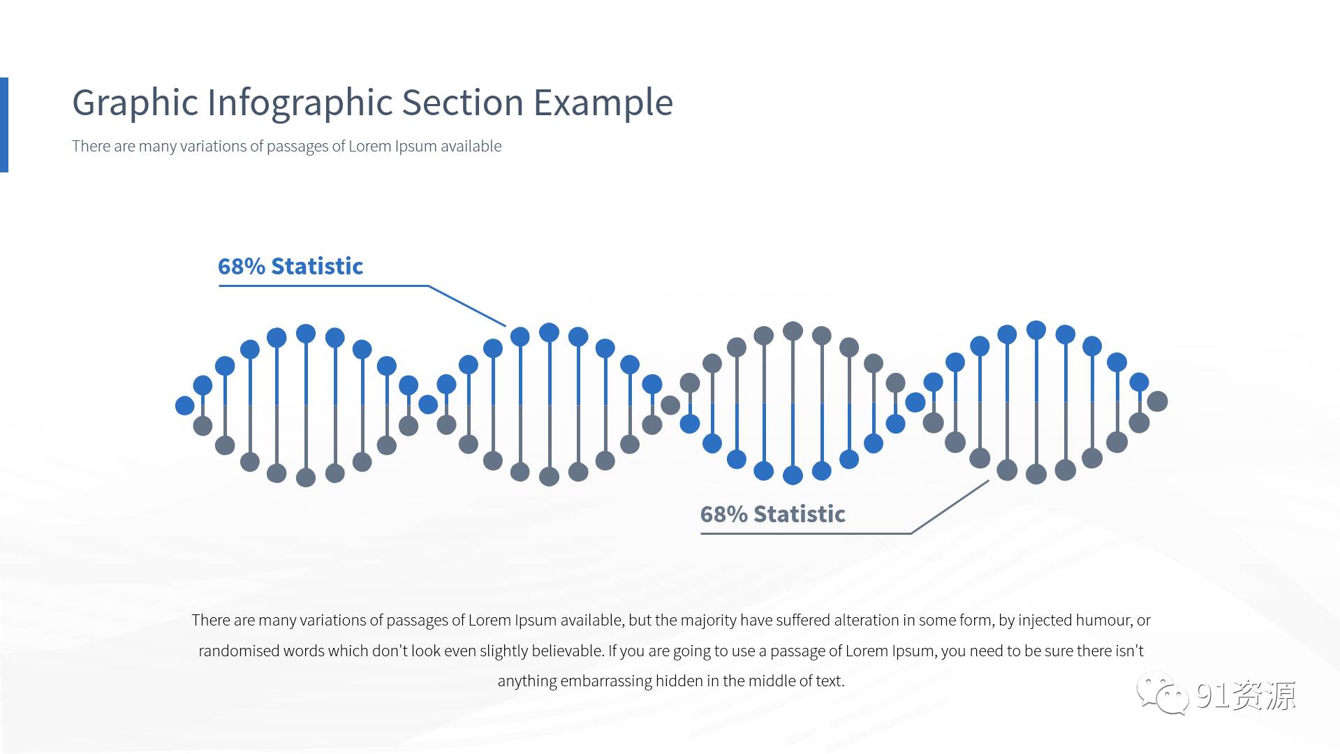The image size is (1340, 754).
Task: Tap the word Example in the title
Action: click(x=603, y=103)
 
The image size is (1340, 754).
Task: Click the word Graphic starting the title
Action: click(x=135, y=103)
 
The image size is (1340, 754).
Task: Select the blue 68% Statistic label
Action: click(x=290, y=266)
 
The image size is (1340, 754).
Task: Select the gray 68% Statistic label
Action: click(x=773, y=514)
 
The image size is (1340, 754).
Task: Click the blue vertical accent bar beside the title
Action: click(x=4, y=124)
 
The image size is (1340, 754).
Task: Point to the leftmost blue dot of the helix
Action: click(x=185, y=405)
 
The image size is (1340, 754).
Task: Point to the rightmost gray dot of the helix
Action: click(x=1157, y=401)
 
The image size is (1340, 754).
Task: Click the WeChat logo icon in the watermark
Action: click(x=1163, y=694)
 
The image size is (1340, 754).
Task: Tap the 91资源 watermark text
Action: click(x=1246, y=695)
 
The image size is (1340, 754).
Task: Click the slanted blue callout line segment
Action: click(x=467, y=306)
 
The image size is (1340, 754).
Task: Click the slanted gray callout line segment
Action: click(x=950, y=507)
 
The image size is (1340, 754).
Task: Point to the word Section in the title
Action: click(x=462, y=103)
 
